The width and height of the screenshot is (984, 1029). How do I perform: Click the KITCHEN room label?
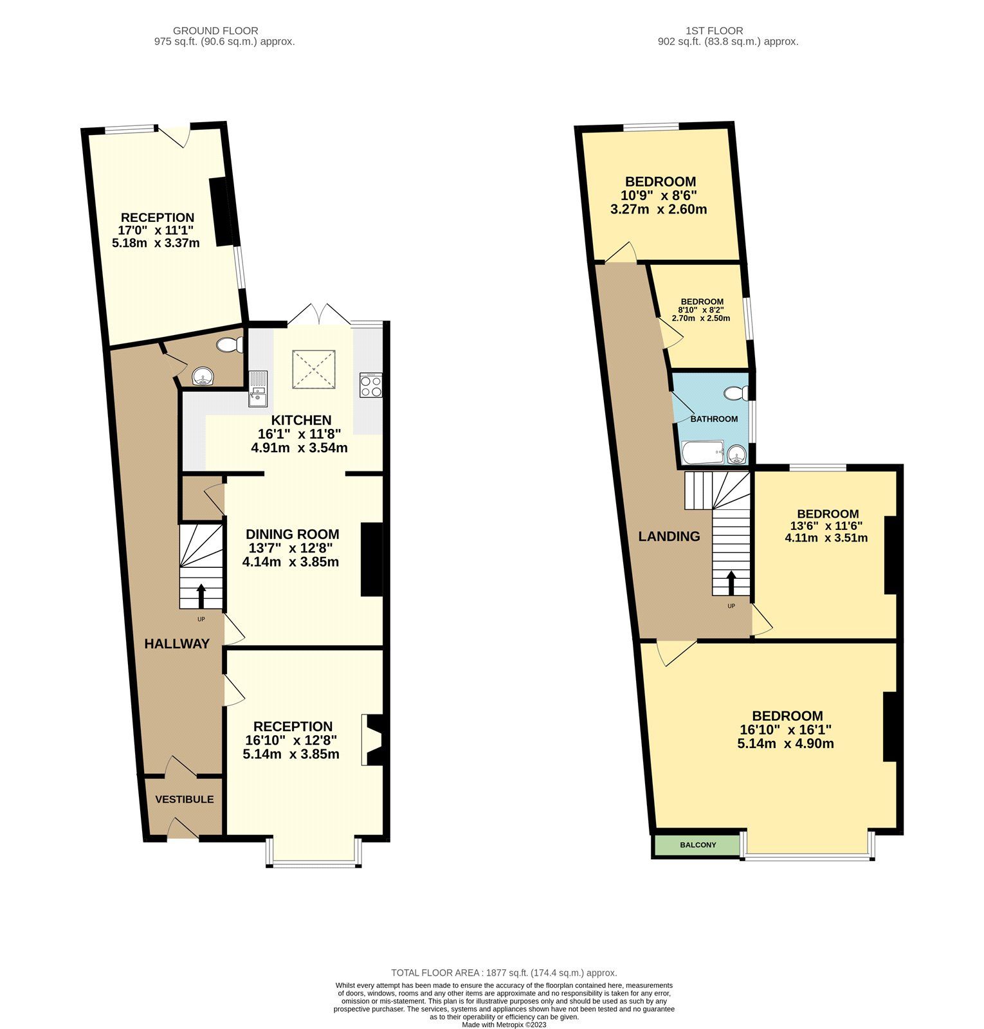(301, 420)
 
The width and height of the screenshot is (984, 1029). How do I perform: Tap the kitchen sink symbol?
(258, 388)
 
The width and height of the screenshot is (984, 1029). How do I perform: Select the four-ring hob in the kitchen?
(371, 385)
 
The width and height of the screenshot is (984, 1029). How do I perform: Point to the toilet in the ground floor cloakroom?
(229, 345)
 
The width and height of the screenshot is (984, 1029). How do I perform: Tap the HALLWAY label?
(177, 644)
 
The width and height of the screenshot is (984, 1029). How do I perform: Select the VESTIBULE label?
(184, 799)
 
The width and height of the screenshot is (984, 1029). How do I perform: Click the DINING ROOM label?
(293, 534)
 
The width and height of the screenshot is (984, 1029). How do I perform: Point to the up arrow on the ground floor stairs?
(201, 596)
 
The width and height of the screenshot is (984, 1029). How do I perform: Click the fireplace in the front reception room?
(373, 740)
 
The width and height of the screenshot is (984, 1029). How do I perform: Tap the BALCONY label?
(698, 844)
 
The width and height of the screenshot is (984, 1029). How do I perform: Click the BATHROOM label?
(714, 419)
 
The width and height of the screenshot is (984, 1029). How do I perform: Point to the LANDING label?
(669, 536)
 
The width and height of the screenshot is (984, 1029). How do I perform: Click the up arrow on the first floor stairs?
(731, 583)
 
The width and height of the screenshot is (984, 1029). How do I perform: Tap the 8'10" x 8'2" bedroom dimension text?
(702, 310)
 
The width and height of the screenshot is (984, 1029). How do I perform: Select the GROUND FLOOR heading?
(215, 30)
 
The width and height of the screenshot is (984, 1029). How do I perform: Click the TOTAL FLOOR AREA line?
(504, 973)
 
